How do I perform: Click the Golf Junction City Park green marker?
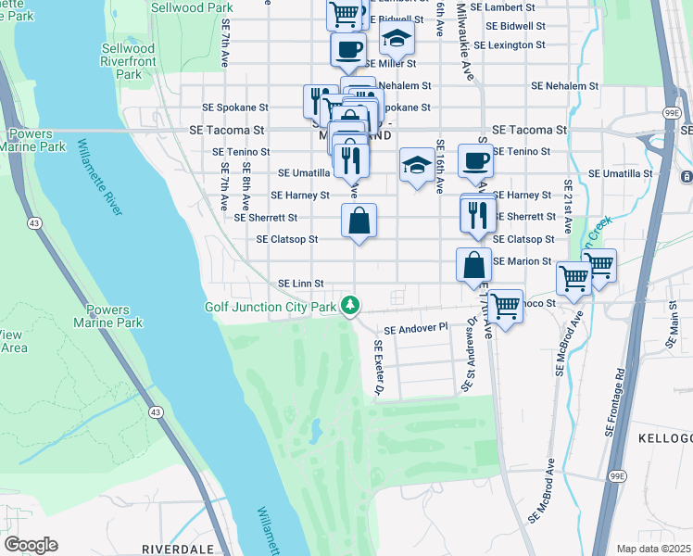349,304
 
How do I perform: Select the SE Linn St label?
301,283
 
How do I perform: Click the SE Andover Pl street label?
415,328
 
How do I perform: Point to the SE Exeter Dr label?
378,368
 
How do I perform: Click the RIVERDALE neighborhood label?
178,549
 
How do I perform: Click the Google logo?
31,544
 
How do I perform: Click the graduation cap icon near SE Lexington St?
397,38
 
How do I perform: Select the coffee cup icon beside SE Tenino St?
475,159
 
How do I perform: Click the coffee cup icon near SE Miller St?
347,49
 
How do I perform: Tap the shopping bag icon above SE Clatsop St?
359,221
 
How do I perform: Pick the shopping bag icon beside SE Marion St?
473,263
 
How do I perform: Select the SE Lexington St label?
509,44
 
